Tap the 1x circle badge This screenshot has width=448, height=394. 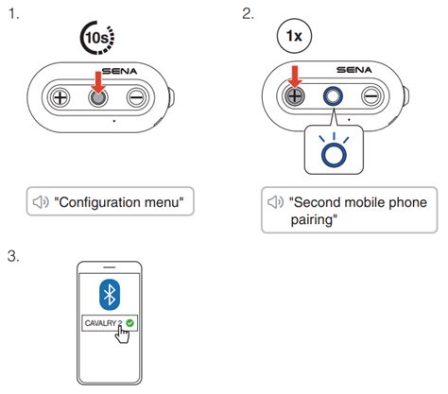pos(294,36)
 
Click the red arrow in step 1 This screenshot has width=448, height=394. pos(99,82)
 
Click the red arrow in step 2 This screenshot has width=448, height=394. pos(295,77)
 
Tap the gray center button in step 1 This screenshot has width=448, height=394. pos(98,97)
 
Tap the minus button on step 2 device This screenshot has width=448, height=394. pos(371,96)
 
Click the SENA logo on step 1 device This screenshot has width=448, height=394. pos(120,71)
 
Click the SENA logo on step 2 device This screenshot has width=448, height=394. pos(354,70)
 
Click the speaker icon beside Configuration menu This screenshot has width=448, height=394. pos(41,202)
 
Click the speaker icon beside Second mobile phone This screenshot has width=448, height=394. pos(276,202)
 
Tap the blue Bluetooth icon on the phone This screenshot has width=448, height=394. pos(110,295)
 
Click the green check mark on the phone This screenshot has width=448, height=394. pos(129,323)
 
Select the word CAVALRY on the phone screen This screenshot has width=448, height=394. pos(100,323)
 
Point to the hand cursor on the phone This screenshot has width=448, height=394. pos(122,334)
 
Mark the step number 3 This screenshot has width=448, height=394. pos(13,256)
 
